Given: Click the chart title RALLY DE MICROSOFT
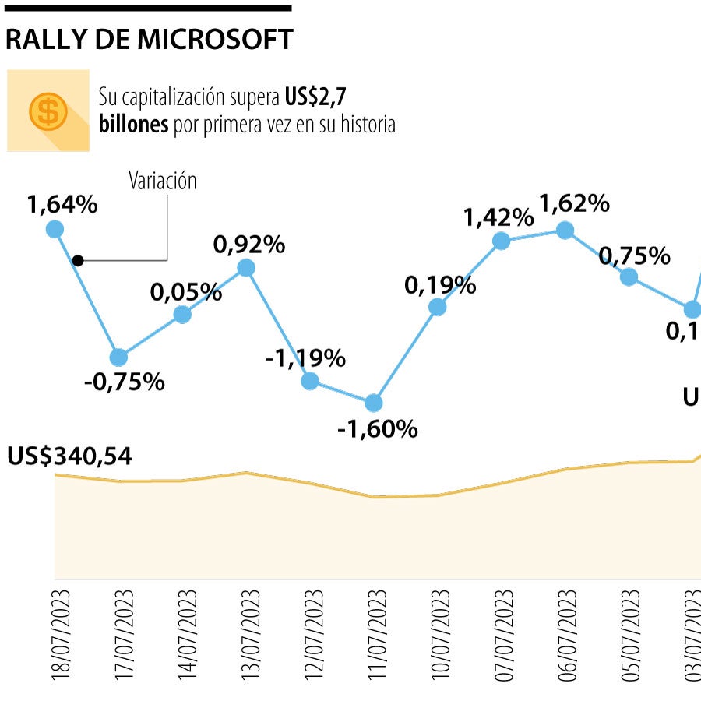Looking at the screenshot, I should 149,39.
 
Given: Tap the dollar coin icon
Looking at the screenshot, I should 48,111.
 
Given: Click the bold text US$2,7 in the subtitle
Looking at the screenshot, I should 315,97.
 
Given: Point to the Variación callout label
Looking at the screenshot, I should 163,181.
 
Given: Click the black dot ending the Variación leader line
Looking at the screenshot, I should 77,260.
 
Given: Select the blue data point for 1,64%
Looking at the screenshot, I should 55,228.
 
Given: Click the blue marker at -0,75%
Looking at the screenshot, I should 118,358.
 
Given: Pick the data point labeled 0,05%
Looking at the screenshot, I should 182,314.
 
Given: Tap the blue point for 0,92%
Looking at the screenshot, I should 246,268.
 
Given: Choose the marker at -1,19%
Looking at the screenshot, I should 310,381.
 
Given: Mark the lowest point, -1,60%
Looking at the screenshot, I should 374,403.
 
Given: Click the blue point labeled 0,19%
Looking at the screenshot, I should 438,307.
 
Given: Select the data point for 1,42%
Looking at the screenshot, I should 502,241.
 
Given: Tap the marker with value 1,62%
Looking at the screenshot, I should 565,230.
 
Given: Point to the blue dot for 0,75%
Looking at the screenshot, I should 629,277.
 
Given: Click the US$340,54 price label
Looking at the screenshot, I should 69,456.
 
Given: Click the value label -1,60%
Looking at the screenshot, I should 378,428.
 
